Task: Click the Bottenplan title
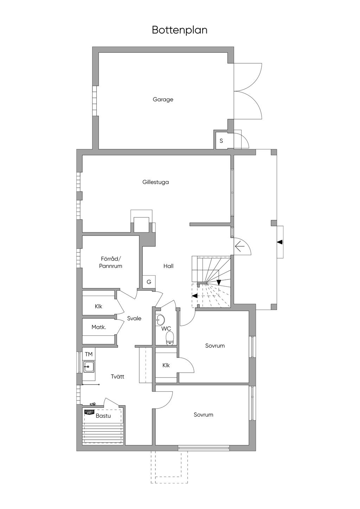[x=180, y=30]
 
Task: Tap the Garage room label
[x=163, y=99]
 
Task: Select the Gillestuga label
[x=156, y=182]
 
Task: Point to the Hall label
[x=168, y=266]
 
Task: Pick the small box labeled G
[x=149, y=282]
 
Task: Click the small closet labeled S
[x=221, y=141]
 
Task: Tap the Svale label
[x=134, y=318]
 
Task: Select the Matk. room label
[x=99, y=327]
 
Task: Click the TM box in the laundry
[x=89, y=354]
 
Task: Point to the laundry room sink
[x=89, y=367]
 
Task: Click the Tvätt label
[x=117, y=376]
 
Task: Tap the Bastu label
[x=103, y=416]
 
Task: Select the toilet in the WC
[x=170, y=338]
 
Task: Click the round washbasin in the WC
[x=161, y=320]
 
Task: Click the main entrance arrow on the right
[x=280, y=242]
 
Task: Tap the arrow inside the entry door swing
[x=240, y=247]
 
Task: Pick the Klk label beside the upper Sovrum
[x=166, y=365]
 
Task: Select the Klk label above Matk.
[x=98, y=307]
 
